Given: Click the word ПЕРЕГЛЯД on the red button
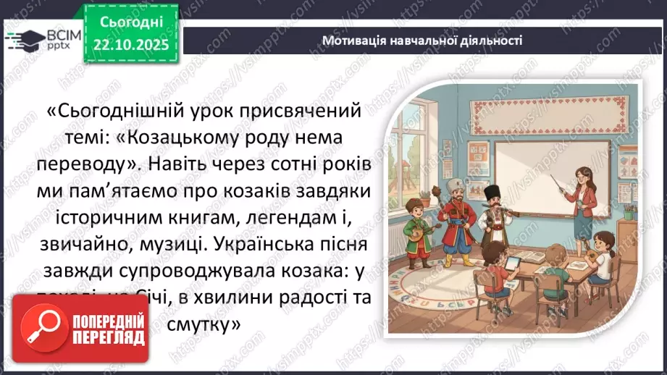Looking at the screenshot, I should tap(109, 338).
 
